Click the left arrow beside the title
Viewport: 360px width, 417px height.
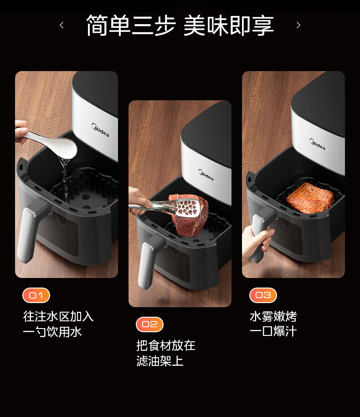pyautogui.click(x=62, y=25)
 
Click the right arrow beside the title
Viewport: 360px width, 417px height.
pyautogui.click(x=298, y=25)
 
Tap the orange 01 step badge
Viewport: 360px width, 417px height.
pyautogui.click(x=36, y=295)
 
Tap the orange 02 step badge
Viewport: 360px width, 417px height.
pyautogui.click(x=149, y=324)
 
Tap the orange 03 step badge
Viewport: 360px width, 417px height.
pyautogui.click(x=263, y=295)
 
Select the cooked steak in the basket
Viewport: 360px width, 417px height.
pyautogui.click(x=310, y=198)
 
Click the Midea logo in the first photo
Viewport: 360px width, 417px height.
pyautogui.click(x=100, y=130)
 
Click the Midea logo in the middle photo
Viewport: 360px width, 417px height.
pyautogui.click(x=206, y=175)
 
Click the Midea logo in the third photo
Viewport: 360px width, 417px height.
pyautogui.click(x=317, y=144)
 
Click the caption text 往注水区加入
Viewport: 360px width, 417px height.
pyautogui.click(x=58, y=316)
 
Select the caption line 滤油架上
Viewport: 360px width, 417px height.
pyautogui.click(x=160, y=361)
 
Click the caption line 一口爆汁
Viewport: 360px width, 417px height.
pyautogui.click(x=273, y=331)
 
